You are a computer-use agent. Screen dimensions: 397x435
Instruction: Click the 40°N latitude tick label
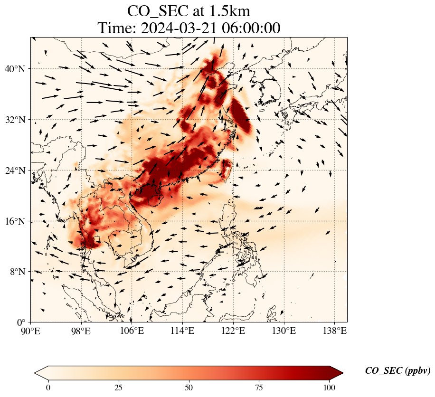coord(17,69)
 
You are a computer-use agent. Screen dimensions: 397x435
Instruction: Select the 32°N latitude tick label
coord(17,120)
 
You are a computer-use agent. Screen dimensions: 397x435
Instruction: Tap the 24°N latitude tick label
coord(17,170)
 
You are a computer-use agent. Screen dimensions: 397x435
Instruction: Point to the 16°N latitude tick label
coord(17,221)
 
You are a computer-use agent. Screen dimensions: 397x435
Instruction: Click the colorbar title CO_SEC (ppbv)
coord(397,371)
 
